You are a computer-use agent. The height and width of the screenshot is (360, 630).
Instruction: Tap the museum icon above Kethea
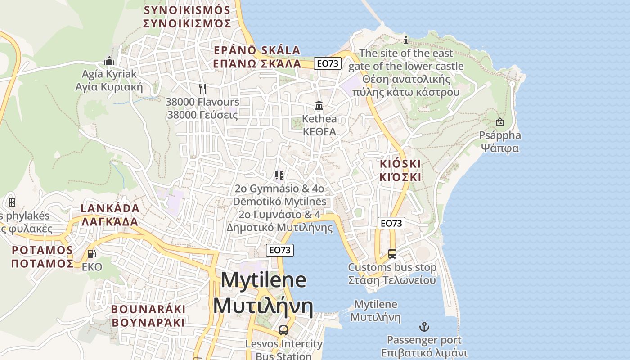point(319,105)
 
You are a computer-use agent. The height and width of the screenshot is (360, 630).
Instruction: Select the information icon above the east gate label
point(406,40)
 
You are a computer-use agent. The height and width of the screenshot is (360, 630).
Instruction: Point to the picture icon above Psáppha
point(499,121)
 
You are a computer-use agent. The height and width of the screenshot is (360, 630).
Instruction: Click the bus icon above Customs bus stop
point(392,253)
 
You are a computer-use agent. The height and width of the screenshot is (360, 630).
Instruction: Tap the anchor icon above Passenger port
point(424,326)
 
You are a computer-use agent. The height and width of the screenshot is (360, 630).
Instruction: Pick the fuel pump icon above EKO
point(91,253)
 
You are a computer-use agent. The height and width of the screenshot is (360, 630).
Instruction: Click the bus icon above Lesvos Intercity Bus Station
point(283,330)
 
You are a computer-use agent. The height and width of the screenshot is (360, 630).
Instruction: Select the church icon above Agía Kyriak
point(109,60)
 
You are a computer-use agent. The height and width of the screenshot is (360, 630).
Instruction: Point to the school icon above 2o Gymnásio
point(279,175)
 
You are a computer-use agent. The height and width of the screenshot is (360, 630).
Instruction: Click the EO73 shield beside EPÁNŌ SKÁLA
point(327,63)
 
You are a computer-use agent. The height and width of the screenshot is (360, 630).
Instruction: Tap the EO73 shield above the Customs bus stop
point(391,223)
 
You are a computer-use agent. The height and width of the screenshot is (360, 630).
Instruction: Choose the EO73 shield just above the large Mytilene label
point(280,250)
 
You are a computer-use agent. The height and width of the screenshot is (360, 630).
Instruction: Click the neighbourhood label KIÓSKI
point(400,163)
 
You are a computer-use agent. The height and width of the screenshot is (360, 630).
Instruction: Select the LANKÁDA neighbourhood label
point(110,208)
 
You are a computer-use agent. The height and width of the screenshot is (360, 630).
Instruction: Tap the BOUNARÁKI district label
point(148,309)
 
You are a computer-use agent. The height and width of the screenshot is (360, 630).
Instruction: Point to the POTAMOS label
point(42,250)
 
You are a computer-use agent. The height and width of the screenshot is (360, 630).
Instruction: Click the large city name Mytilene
point(264,280)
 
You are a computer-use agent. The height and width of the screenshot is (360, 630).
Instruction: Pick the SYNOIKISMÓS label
point(187,10)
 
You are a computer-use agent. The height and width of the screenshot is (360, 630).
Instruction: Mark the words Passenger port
point(424,340)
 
